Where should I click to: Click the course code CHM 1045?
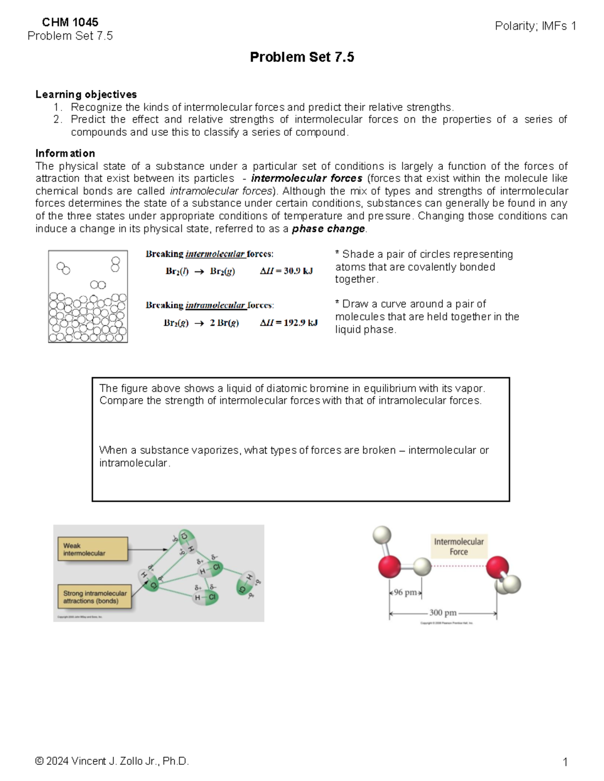pyautogui.click(x=70, y=22)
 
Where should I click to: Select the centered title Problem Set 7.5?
pyautogui.click(x=301, y=57)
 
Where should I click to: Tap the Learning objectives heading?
pyautogui.click(x=86, y=95)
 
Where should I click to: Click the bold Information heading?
pyautogui.click(x=65, y=153)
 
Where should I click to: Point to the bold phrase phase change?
pyautogui.click(x=329, y=229)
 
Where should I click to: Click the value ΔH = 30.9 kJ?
pyautogui.click(x=286, y=271)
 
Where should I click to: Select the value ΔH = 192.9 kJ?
pyautogui.click(x=288, y=323)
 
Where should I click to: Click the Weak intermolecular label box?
pyautogui.click(x=92, y=549)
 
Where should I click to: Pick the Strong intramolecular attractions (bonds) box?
pyautogui.click(x=95, y=597)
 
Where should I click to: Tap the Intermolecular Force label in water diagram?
pyautogui.click(x=459, y=547)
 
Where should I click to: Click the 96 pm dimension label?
pyautogui.click(x=405, y=592)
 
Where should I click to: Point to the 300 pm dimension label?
pyautogui.click(x=442, y=613)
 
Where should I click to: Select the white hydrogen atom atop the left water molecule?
pyautogui.click(x=382, y=535)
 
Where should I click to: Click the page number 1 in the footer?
pyautogui.click(x=565, y=762)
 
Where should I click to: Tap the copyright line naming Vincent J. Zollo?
pyautogui.click(x=112, y=761)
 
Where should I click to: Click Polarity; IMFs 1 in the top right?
pyautogui.click(x=535, y=26)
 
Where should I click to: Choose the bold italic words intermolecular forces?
pyautogui.click(x=307, y=179)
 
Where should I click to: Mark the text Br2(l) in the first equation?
pyautogui.click(x=177, y=271)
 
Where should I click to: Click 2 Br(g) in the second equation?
pyautogui.click(x=224, y=323)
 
